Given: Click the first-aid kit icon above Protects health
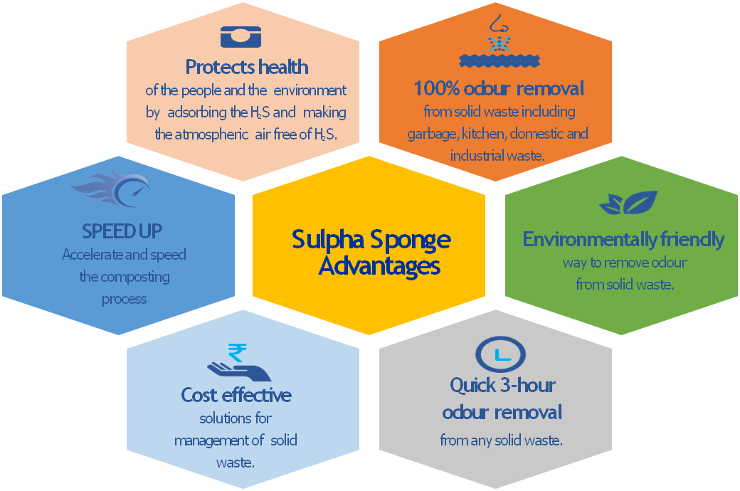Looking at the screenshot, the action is coord(240,37).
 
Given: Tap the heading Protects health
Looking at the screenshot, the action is coord(247,67).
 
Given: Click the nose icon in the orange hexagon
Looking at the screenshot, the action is coord(498,24).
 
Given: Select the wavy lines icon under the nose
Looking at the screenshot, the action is coord(499,60).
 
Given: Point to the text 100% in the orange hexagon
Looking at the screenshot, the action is coord(436,89).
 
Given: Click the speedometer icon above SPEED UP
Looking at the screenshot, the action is coord(112,189).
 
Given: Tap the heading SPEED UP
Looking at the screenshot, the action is coord(122,231).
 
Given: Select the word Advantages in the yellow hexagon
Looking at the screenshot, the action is coord(379,266).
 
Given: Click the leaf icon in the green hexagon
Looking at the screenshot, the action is coord(628,203).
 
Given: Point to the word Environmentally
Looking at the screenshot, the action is coord(589,240).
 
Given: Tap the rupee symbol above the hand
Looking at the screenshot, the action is coord(237,353).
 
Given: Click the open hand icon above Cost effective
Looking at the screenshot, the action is coord(239,371).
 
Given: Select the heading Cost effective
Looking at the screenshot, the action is coord(236,395).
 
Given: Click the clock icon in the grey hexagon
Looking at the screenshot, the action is coord(500,354).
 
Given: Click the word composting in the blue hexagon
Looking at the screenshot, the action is coord(135,277).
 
